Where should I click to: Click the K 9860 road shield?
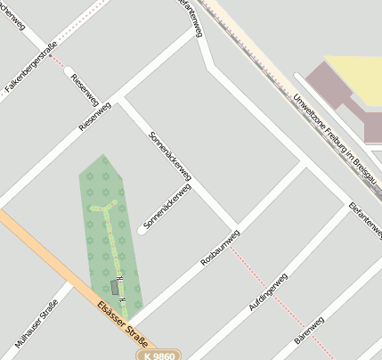click(x=159, y=355)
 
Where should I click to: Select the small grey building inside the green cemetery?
click(x=114, y=287)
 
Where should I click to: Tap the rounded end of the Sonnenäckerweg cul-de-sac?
click(x=142, y=232)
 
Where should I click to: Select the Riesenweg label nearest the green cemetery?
click(x=95, y=117)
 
